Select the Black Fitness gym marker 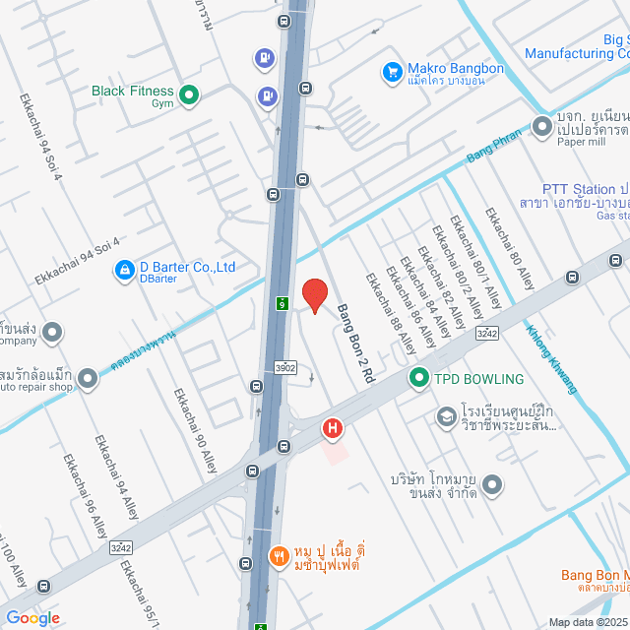[189, 95]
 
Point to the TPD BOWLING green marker [417, 378]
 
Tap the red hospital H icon [333, 428]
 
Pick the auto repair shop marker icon [89, 377]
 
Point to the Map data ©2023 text [587, 622]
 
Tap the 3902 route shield [285, 367]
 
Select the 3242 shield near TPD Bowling [486, 333]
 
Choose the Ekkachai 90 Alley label [195, 431]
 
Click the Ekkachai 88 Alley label [391, 314]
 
